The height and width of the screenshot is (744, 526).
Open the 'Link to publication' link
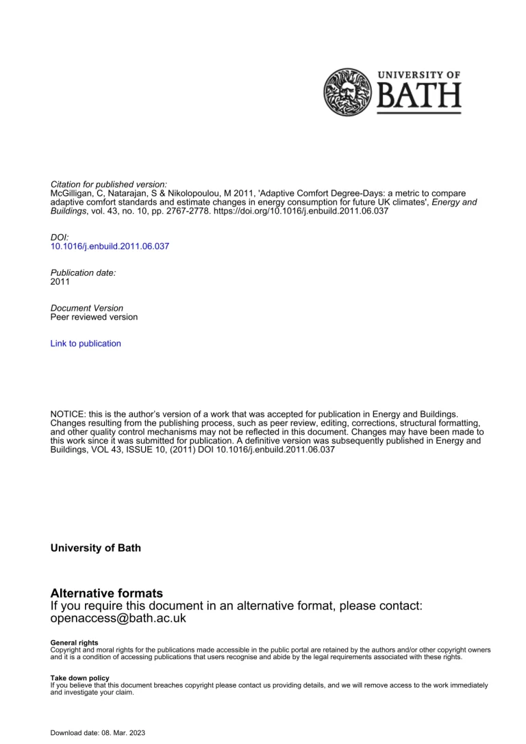[x=86, y=344]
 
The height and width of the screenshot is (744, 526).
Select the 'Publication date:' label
[x=84, y=272]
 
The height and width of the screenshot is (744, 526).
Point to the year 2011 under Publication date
[x=60, y=281]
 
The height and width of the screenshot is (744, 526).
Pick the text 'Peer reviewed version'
[x=94, y=318]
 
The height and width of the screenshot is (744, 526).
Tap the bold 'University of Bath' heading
[x=96, y=548]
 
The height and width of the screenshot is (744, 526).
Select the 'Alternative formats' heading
[x=107, y=593]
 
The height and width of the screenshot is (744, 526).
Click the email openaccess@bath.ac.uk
[x=118, y=619]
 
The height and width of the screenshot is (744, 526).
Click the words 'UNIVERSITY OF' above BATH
[x=427, y=75]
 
